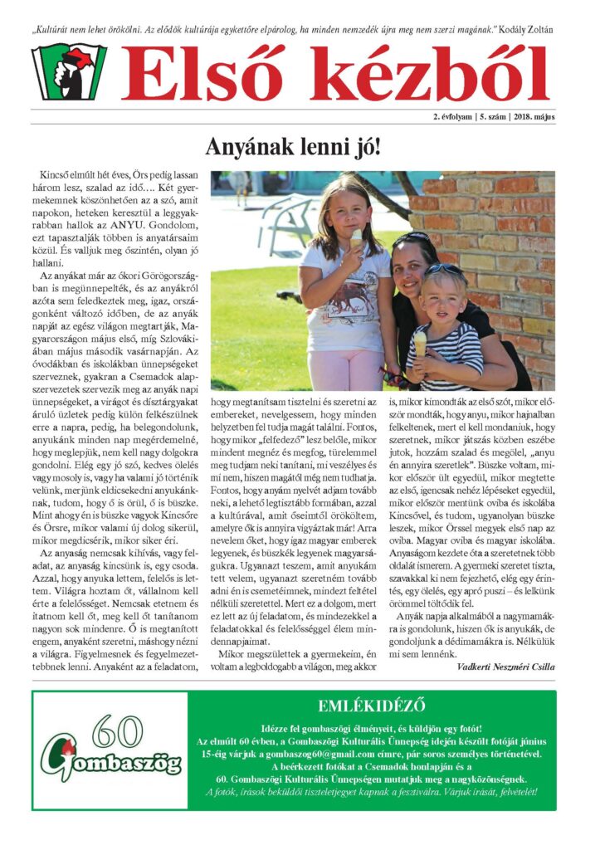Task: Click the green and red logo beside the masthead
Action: [69, 72]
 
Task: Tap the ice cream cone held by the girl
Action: [356, 238]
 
